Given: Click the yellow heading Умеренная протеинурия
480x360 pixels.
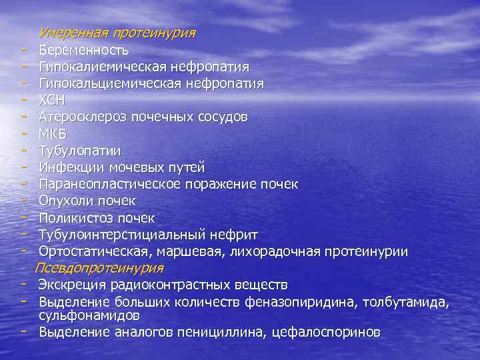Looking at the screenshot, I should pos(117,32).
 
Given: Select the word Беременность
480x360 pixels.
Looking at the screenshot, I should pos(84,49).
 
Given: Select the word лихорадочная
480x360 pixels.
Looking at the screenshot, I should pos(275,251).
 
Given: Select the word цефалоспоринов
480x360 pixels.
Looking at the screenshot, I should pos(327,331).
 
